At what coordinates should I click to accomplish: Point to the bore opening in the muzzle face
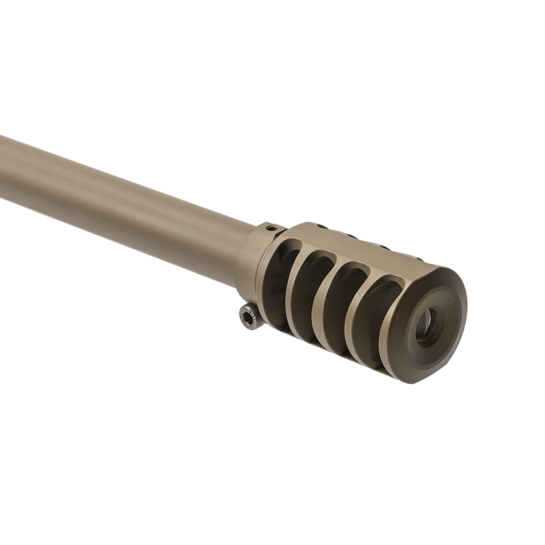point(428,325)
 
